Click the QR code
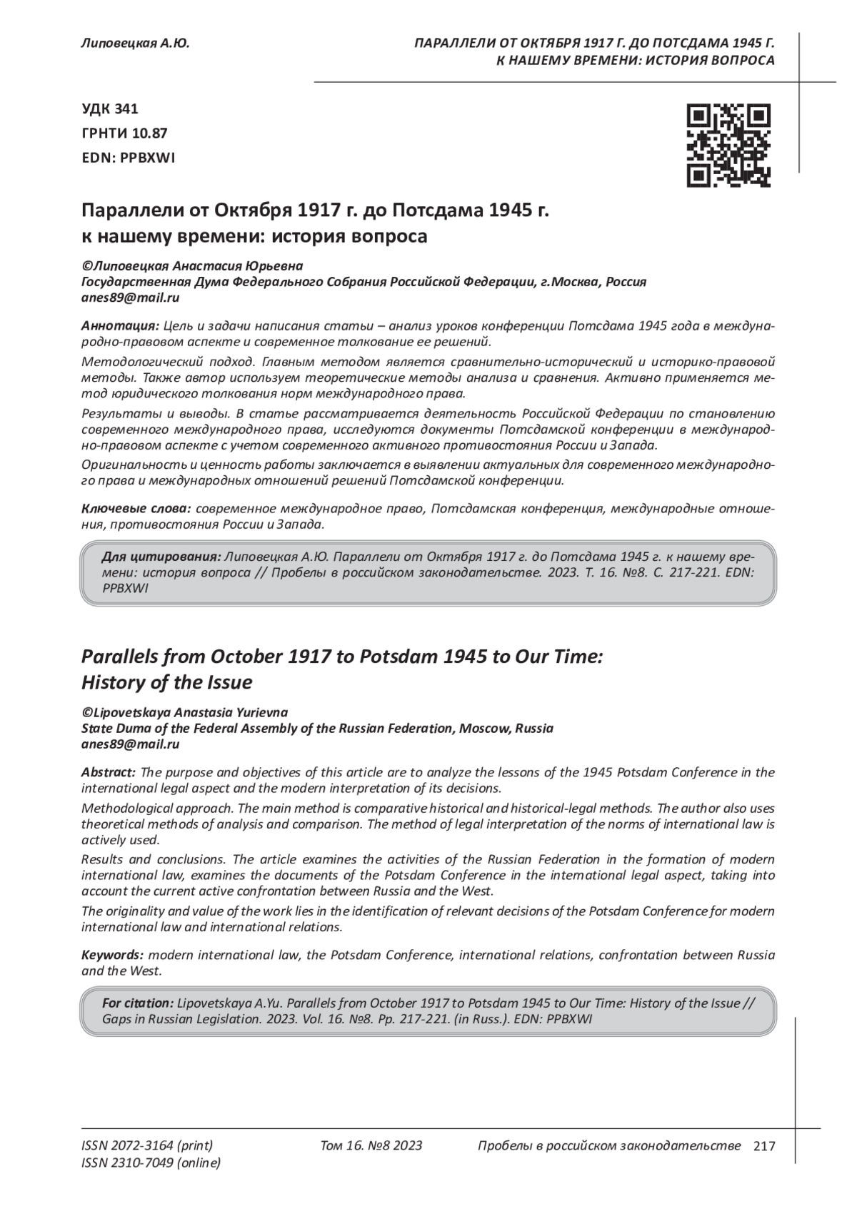[x=728, y=146]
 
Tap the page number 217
[x=763, y=1146]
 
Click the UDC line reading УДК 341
[x=110, y=109]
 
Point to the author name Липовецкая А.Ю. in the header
[x=136, y=44]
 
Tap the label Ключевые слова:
[x=136, y=509]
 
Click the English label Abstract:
[x=109, y=772]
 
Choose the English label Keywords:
[x=113, y=955]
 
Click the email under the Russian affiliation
[x=130, y=298]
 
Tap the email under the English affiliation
[x=130, y=744]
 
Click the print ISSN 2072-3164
[x=147, y=1146]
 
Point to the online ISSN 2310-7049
[x=151, y=1163]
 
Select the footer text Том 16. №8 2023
[x=371, y=1146]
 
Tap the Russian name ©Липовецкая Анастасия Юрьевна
[x=192, y=265]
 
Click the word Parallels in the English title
[x=120, y=657]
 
